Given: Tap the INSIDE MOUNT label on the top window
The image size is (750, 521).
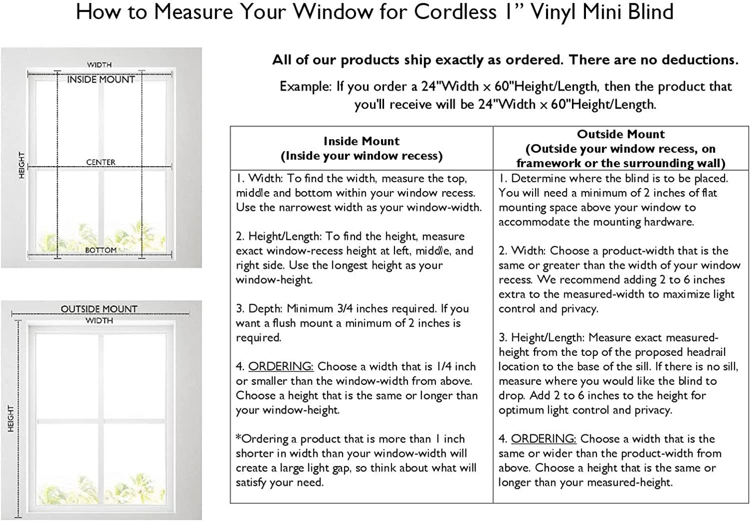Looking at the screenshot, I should [101, 79].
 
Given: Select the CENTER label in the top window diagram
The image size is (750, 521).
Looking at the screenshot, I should [101, 162].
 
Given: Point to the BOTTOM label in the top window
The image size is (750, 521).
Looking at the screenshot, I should [101, 250].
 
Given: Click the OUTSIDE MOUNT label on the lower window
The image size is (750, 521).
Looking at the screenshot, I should [99, 309].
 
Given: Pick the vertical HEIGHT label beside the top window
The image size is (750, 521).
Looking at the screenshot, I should [22, 165].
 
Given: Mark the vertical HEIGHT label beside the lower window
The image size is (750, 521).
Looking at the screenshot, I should [11, 419].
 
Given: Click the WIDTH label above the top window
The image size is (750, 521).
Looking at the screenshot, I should [99, 64].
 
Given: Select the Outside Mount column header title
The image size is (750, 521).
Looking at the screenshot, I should [621, 134].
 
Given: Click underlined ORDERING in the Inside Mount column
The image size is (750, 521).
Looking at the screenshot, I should [281, 366].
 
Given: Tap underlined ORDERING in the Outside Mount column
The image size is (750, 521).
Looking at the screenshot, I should [543, 439].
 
